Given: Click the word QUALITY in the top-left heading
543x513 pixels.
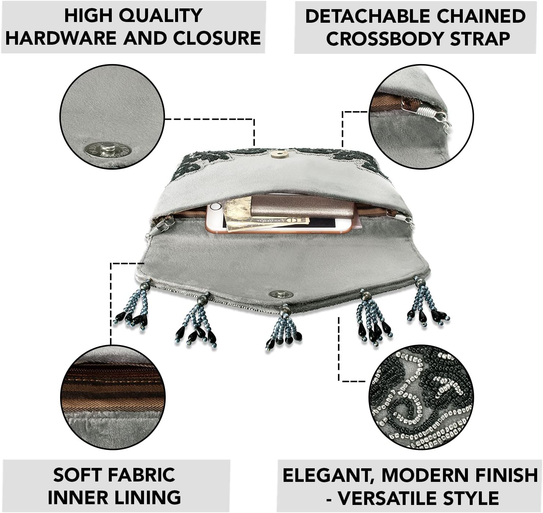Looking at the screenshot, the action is (161, 16).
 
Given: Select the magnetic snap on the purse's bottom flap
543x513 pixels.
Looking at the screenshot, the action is (281, 295).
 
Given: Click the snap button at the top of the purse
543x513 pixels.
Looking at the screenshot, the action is (280, 155).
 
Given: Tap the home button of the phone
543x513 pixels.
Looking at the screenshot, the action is (215, 207).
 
